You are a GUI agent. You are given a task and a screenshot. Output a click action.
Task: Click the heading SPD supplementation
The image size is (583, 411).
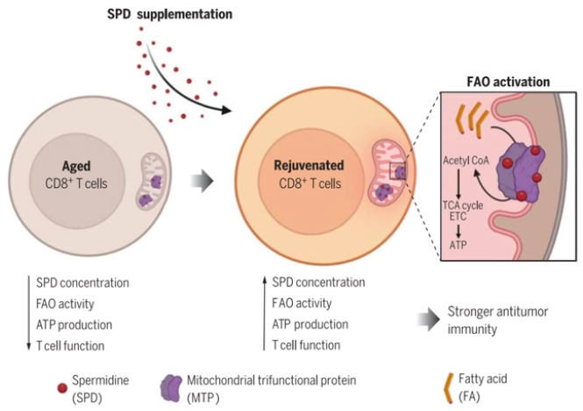point(169,14)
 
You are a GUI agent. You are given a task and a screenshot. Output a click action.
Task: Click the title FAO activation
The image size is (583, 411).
point(508,82)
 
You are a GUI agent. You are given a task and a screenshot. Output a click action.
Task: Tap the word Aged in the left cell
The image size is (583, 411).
point(76,166)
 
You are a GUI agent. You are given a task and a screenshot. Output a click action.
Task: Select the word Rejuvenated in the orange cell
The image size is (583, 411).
point(309,165)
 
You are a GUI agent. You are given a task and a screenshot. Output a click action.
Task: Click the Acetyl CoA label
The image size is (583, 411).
point(466,161)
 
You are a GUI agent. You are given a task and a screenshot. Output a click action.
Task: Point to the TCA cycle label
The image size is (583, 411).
point(463,205)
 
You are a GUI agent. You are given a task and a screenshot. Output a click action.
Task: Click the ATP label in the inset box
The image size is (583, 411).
point(458,245)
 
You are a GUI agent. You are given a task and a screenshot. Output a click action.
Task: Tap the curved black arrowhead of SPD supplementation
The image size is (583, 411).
point(225,110)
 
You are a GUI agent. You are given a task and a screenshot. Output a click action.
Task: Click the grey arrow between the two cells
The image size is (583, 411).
point(202,182)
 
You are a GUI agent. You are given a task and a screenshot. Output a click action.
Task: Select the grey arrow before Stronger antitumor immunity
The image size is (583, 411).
point(429,320)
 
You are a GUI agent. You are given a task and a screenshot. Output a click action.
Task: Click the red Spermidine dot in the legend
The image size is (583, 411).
point(62,388)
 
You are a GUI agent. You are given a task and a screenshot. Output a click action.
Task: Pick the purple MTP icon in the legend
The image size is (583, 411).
point(172,388)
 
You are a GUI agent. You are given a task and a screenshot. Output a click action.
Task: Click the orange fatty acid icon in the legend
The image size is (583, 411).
point(449,388)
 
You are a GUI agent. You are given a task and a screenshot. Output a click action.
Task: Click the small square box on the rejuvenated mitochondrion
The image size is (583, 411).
point(398,171)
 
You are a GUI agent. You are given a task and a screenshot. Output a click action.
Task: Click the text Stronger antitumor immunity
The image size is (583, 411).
point(497,320)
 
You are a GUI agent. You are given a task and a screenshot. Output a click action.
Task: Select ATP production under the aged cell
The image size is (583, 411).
point(74,325)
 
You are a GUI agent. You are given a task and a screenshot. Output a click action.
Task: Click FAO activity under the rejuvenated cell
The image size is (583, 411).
point(302,303)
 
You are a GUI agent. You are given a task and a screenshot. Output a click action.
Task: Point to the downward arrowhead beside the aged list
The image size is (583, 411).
point(29,346)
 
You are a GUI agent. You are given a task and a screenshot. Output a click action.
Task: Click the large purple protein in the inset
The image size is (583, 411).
point(520,173)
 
